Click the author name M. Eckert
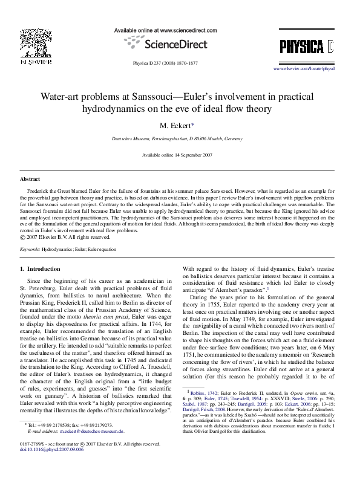pyautogui.click(x=175, y=125)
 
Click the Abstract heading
pyautogui.click(x=30, y=180)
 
